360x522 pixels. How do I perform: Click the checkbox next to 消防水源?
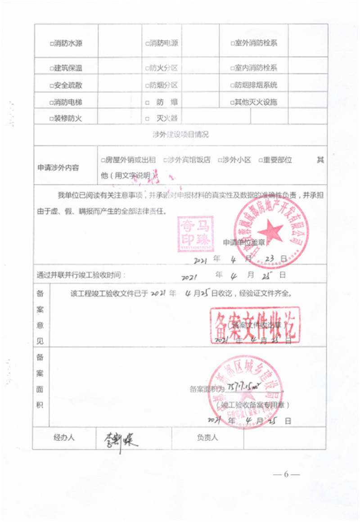coord(51,44)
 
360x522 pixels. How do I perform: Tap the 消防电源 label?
coord(164,44)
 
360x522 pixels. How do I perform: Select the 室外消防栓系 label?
coord(256,44)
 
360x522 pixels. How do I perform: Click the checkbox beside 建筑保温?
coord(51,68)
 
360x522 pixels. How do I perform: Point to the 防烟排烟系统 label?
coord(256,85)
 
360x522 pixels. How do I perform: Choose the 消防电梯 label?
coord(68,102)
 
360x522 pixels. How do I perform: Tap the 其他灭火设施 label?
coord(256,102)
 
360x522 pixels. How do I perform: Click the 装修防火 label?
coord(68,119)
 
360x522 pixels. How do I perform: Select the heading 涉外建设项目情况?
coord(180,134)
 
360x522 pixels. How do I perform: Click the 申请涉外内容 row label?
coord(58,167)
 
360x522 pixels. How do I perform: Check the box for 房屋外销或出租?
coord(103,160)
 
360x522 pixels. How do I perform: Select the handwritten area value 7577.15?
coord(243,387)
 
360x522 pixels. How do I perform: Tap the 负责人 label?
coord(207,437)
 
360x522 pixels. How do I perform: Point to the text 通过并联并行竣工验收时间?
coord(81,275)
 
